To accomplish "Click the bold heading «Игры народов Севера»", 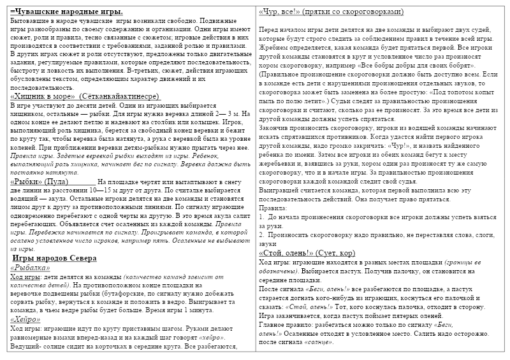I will pyautogui.click(x=54, y=258).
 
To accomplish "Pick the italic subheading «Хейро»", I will pyautogui.click(x=25, y=319).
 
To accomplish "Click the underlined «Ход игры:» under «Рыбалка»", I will pyautogui.click(x=26, y=278).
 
